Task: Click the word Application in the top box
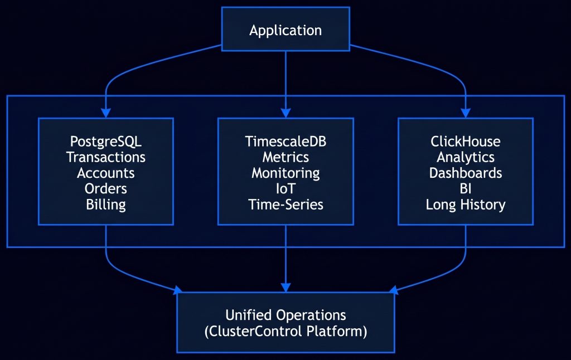[285, 30]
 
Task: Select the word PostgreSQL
[105, 142]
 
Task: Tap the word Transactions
[105, 157]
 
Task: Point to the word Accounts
[105, 173]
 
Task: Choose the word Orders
[105, 188]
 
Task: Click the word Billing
[105, 205]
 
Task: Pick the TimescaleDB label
[285, 141]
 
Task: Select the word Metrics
[285, 157]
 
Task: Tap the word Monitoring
[285, 173]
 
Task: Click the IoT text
[285, 188]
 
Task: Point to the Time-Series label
[285, 205]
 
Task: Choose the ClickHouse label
[466, 141]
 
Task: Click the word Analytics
[466, 158]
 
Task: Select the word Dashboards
[466, 173]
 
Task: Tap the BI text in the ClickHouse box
[466, 188]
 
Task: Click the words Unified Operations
[285, 315]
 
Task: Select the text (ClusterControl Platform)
[285, 332]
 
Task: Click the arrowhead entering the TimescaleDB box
[285, 113]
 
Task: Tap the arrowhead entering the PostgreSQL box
[105, 113]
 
